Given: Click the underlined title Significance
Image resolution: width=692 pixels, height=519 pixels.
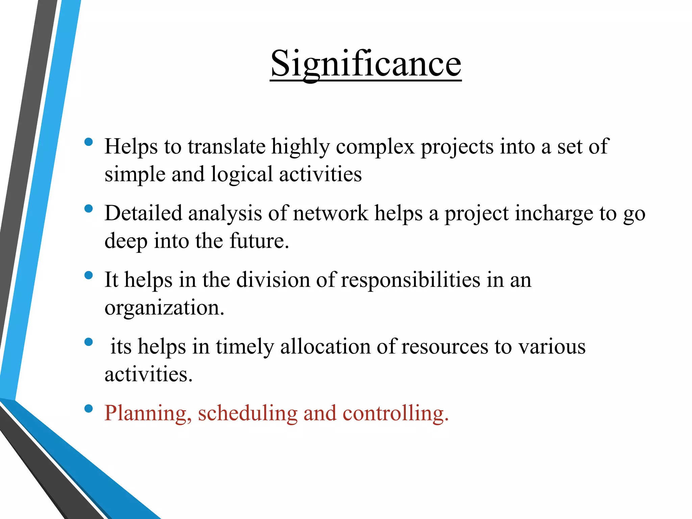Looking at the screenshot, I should [x=366, y=64].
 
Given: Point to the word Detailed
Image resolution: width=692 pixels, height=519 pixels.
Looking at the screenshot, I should [x=143, y=214].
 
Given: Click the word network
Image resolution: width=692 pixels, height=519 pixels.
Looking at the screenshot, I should [x=330, y=214].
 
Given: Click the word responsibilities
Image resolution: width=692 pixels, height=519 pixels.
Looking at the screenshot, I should [x=411, y=280].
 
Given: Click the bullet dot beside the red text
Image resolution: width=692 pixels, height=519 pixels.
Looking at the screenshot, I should [x=89, y=409].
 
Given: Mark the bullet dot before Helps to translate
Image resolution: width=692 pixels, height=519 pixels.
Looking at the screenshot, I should [x=89, y=142].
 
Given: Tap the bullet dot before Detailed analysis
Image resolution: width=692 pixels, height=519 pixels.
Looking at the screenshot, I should [x=89, y=208].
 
